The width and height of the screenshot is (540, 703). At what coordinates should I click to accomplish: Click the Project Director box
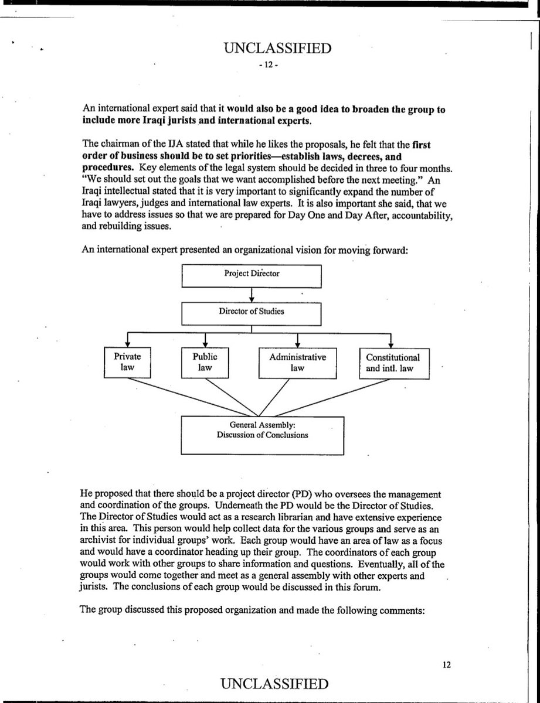[252, 275]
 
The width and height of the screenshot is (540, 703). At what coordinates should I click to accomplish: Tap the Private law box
[127, 362]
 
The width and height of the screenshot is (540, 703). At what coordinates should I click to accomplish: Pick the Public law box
[205, 362]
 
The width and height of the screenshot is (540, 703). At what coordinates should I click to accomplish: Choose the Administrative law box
[297, 362]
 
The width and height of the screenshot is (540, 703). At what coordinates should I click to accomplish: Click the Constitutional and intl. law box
[393, 362]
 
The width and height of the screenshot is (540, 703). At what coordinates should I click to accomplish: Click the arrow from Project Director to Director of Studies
[252, 294]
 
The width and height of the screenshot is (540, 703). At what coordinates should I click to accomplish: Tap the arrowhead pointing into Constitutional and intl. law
[391, 344]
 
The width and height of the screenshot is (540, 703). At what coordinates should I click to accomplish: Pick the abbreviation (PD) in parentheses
[308, 494]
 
